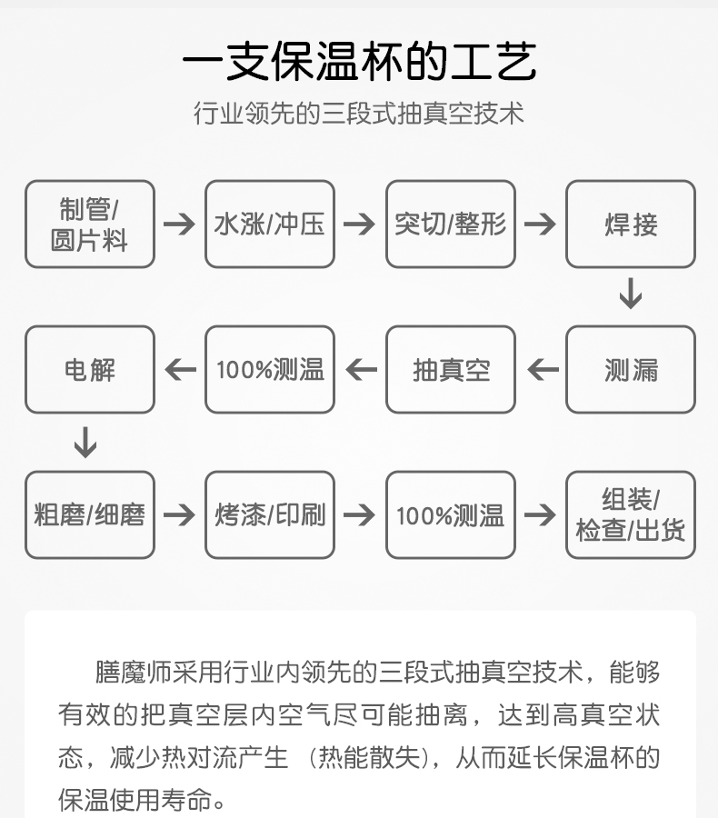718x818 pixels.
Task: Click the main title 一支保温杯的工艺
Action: [x=359, y=63]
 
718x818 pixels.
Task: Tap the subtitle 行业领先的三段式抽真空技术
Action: [x=359, y=114]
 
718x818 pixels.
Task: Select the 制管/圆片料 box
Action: [x=90, y=224]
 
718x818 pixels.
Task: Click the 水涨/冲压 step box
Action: [x=270, y=224]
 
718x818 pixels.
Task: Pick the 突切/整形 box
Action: [x=451, y=224]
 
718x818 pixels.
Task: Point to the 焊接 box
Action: [x=631, y=224]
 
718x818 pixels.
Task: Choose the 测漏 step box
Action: [x=631, y=370]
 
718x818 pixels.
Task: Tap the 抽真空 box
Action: [x=451, y=370]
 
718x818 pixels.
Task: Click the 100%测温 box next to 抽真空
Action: [x=270, y=370]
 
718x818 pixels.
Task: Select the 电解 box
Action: [x=90, y=370]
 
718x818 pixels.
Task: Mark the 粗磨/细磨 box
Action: [x=90, y=515]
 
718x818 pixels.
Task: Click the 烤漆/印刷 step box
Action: [x=270, y=515]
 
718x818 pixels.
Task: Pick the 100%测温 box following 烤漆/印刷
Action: [x=451, y=515]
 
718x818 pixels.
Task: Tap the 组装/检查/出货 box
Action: [x=631, y=515]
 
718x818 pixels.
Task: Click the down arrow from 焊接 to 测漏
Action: [x=631, y=294]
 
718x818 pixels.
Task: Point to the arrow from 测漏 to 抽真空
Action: [x=543, y=370]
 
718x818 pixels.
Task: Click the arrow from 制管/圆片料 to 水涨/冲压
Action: [x=180, y=224]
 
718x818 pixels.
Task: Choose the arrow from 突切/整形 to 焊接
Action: [x=541, y=224]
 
